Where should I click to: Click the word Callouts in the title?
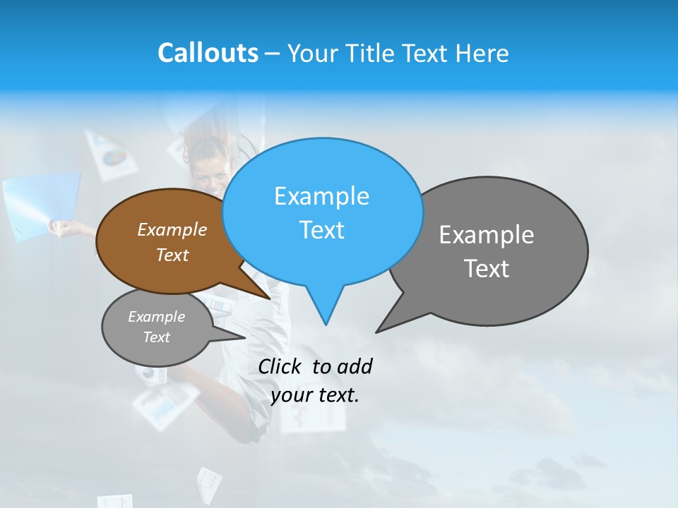pos(208,53)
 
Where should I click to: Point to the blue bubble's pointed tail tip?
pos(326,324)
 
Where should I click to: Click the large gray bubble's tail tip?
pos(377,331)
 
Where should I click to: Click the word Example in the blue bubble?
pos(321,196)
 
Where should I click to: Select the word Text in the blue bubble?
pos(321,230)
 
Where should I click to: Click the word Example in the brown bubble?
pos(172,230)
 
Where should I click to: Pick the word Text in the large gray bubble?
pos(487,269)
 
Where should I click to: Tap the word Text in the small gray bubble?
pos(156,337)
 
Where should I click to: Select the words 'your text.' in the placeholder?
pos(315,395)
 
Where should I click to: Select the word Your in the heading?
pos(311,54)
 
